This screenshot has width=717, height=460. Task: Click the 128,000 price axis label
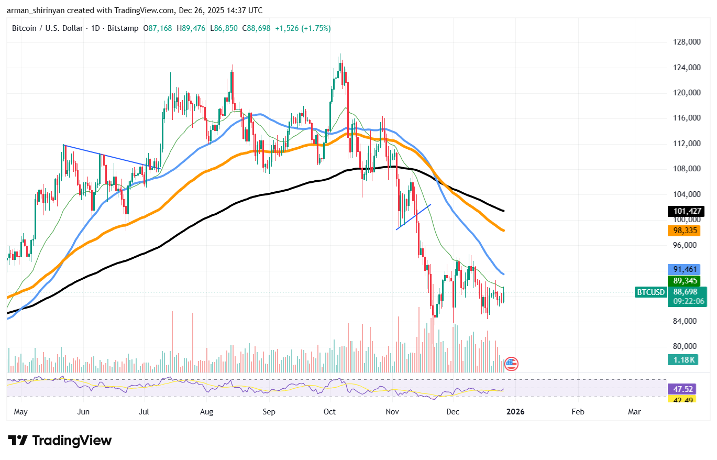coord(687,42)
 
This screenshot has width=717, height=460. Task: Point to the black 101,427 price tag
coord(686,212)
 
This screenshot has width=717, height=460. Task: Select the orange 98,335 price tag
coord(686,231)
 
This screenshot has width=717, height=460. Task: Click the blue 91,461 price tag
coord(686,269)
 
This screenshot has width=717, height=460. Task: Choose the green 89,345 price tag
coord(686,281)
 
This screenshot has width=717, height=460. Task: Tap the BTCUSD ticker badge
coord(650,292)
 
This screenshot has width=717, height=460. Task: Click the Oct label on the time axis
coord(330,412)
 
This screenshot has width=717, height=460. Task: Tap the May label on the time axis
coord(20,412)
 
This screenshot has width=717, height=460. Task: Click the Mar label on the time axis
coord(634,412)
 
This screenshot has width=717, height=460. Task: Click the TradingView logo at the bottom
coord(60,441)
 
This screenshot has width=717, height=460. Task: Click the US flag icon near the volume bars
coord(511,363)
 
